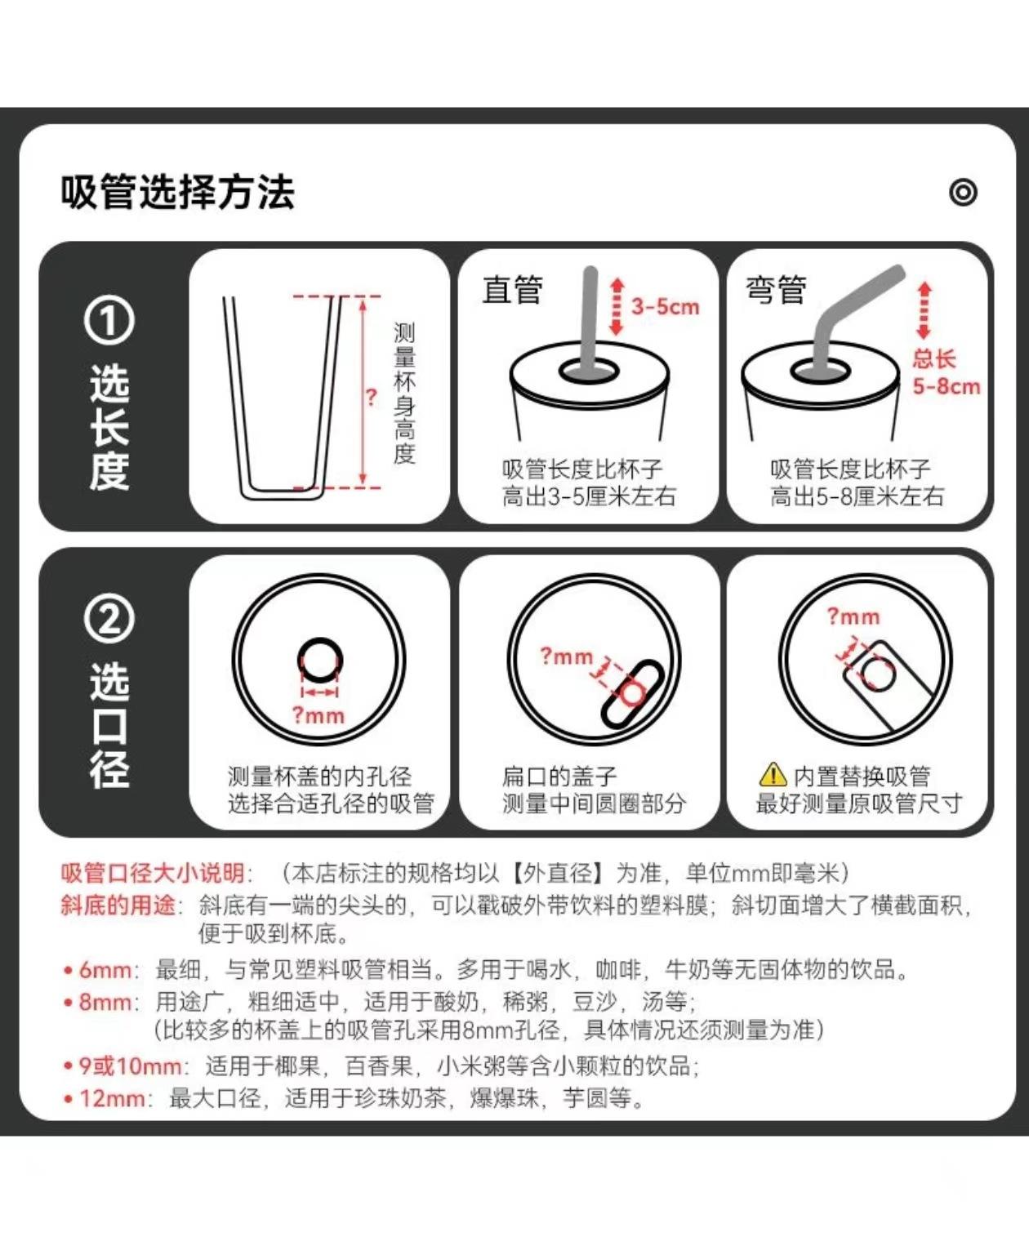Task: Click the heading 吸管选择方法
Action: (x=177, y=192)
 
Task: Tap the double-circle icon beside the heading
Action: (x=963, y=192)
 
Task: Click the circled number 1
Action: (x=109, y=321)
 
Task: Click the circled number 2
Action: (x=109, y=619)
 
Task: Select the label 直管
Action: (x=513, y=290)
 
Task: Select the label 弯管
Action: (x=776, y=290)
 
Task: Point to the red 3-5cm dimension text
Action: (x=665, y=307)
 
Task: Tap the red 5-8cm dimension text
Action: (x=946, y=386)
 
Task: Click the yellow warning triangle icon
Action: (x=773, y=774)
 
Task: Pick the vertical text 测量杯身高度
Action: (x=404, y=394)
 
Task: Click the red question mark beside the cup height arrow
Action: (x=372, y=397)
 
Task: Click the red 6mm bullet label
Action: (x=105, y=970)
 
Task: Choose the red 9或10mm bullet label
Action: (x=130, y=1066)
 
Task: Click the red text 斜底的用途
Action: (x=118, y=906)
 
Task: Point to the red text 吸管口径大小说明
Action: (x=152, y=873)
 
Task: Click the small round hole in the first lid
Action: (x=320, y=660)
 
